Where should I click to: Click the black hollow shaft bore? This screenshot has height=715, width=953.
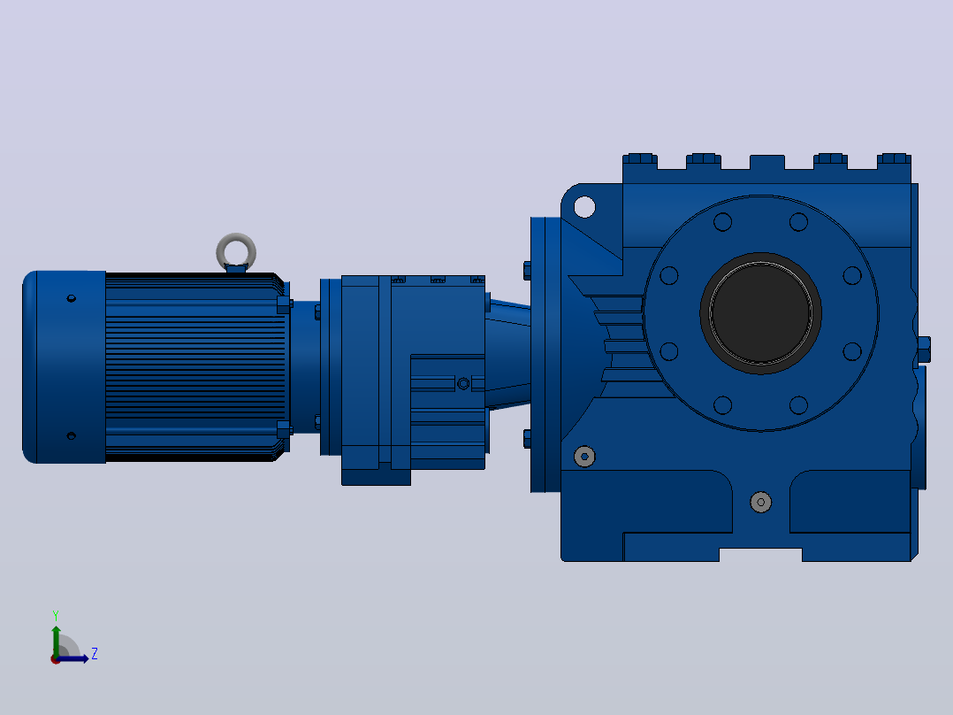(760, 312)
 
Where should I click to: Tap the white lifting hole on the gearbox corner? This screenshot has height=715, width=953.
(584, 207)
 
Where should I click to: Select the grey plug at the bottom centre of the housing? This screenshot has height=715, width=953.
(761, 502)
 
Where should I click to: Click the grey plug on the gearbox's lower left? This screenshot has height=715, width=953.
(584, 457)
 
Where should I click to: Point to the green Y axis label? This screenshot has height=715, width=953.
(56, 616)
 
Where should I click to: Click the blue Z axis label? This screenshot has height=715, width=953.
(95, 654)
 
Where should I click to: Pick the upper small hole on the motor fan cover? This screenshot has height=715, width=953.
(71, 298)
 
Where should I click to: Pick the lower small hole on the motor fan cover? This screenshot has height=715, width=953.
(71, 435)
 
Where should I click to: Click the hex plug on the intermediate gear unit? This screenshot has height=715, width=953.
(463, 383)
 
